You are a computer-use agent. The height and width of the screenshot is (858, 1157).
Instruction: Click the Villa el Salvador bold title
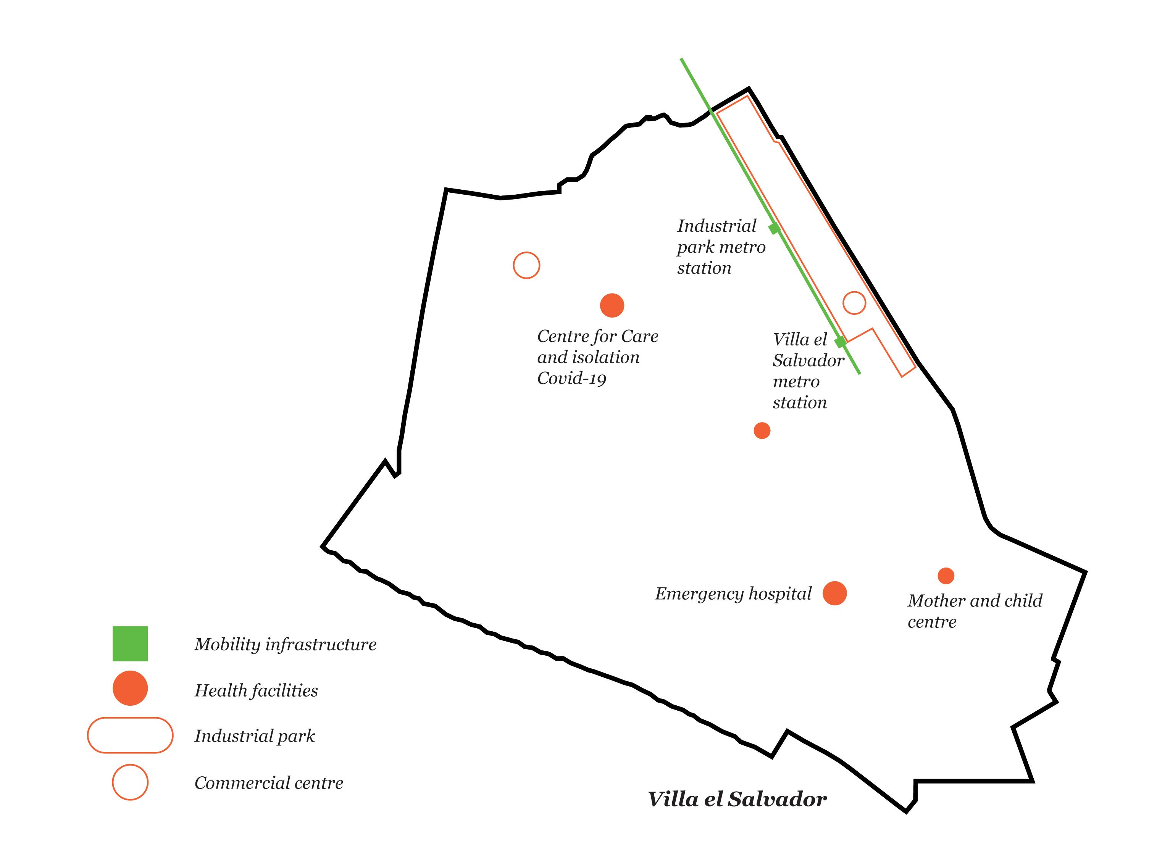pyautogui.click(x=737, y=799)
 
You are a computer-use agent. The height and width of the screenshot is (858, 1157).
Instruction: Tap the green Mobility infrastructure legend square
pyautogui.click(x=130, y=643)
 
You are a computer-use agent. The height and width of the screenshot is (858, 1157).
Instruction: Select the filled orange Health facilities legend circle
pyautogui.click(x=130, y=688)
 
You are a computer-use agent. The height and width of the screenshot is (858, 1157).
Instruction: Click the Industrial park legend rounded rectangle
pyautogui.click(x=130, y=735)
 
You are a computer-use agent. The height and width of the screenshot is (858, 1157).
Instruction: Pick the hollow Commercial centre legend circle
pyautogui.click(x=130, y=782)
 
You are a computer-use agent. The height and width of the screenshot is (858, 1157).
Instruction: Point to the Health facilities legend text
pyautogui.click(x=256, y=690)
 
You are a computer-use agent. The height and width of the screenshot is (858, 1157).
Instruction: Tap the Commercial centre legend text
pyautogui.click(x=268, y=783)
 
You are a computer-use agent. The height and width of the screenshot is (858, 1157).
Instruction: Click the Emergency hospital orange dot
pyautogui.click(x=834, y=593)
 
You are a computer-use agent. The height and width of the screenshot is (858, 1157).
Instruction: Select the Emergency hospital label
pyautogui.click(x=733, y=594)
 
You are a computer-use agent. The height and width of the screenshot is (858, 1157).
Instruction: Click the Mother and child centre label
pyautogui.click(x=975, y=611)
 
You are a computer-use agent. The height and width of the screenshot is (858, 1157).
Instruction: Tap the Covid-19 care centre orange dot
pyautogui.click(x=612, y=305)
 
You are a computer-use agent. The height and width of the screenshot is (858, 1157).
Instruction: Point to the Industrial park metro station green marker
pyautogui.click(x=774, y=229)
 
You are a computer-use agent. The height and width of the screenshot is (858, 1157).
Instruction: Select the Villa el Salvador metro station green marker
pyautogui.click(x=840, y=342)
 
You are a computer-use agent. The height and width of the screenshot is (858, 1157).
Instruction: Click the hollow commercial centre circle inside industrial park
pyautogui.click(x=854, y=303)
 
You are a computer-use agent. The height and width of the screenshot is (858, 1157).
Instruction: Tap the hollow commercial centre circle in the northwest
pyautogui.click(x=526, y=265)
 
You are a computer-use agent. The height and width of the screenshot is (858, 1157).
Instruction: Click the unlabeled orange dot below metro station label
pyautogui.click(x=762, y=431)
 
